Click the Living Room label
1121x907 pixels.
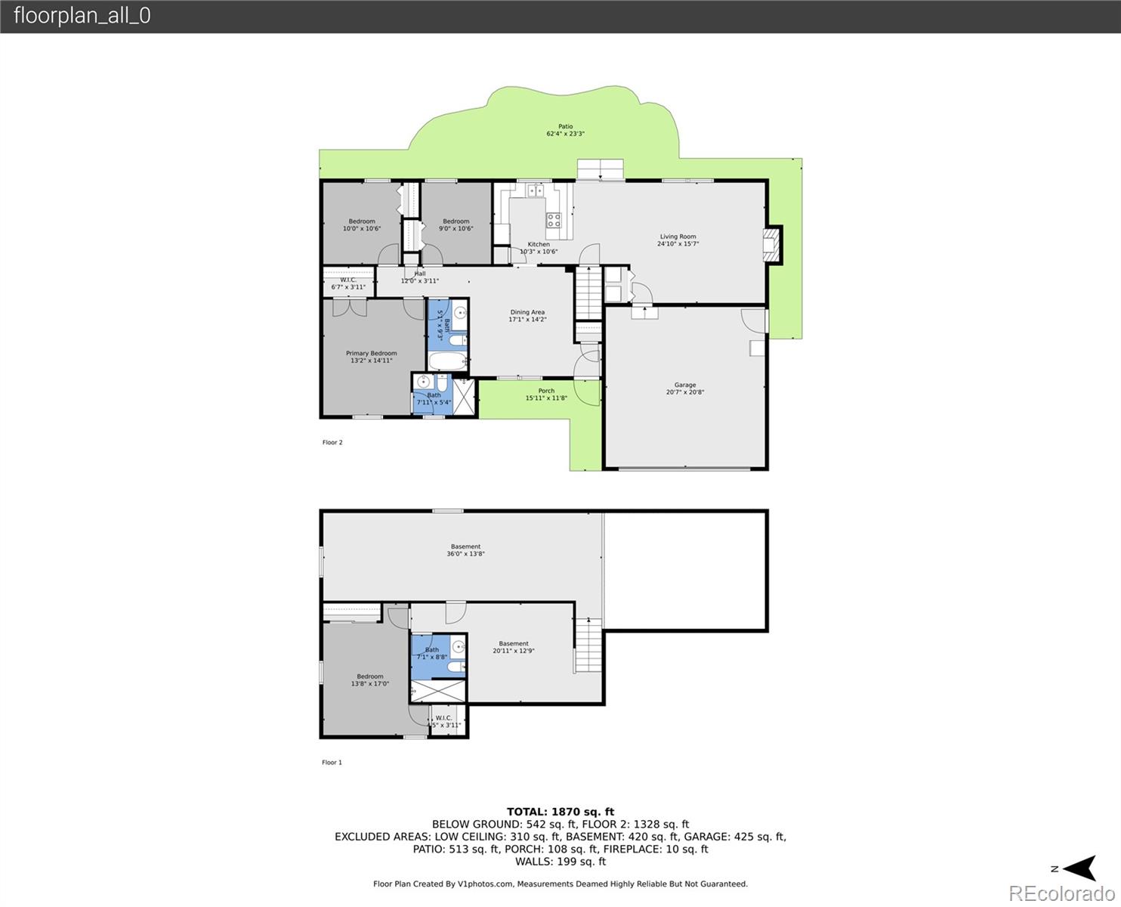click(678, 240)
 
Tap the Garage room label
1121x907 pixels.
click(685, 388)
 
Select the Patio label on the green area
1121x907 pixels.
click(565, 130)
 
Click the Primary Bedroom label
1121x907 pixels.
click(371, 357)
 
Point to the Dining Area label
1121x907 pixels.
click(527, 316)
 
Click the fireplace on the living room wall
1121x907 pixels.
click(770, 245)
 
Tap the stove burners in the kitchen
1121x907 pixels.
click(554, 220)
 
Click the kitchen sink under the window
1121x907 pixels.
click(536, 190)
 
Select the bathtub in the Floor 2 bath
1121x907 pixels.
click(446, 361)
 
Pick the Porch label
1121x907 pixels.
click(546, 395)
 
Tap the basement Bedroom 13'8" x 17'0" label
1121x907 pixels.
click(370, 680)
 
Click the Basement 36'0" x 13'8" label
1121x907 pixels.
click(465, 550)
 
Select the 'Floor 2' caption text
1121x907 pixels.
click(332, 442)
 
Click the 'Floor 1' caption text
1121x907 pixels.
click(332, 763)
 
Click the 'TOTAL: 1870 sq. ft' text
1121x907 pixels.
click(560, 812)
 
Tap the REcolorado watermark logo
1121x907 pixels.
click(1061, 893)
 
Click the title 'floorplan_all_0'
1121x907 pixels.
click(82, 16)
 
